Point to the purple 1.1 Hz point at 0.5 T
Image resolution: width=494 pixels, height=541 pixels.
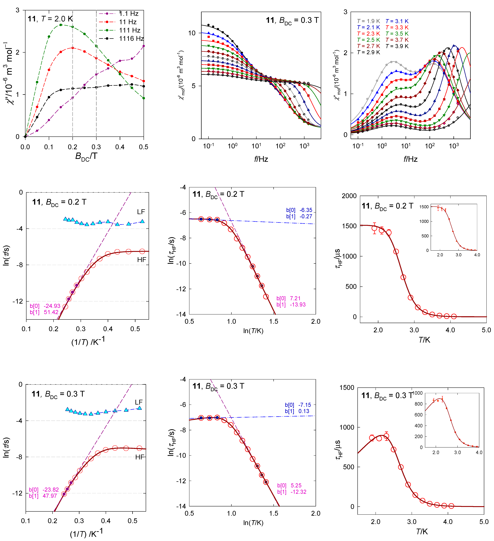coord(144,46)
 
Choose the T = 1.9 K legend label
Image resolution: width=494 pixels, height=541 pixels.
coord(368,21)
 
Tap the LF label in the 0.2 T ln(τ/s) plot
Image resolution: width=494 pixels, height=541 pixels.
coord(141,212)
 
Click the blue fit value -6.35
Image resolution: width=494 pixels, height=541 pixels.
coord(306,210)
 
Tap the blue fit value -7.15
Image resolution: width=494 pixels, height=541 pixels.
coord(305,405)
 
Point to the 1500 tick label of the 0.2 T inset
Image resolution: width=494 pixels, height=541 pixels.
coord(424,207)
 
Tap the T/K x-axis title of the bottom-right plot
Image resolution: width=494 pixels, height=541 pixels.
coord(422,532)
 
